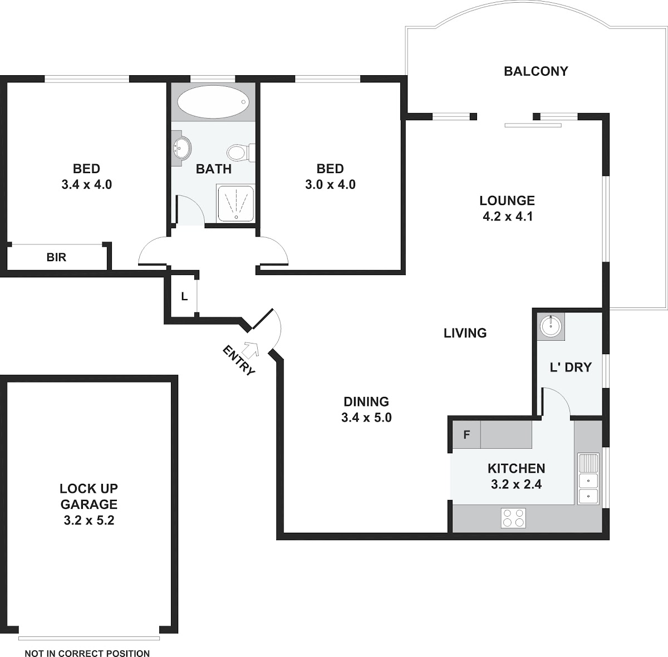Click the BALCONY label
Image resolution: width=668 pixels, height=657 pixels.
pos(536,71)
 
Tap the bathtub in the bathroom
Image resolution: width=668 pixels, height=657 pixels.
pos(213,102)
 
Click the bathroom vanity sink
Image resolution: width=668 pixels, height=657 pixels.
pos(181,149)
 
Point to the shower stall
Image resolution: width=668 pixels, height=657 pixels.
pos(235,203)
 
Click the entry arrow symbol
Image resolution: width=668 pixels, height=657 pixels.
pos(251,349)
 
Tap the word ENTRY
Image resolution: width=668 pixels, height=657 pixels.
pos(239,360)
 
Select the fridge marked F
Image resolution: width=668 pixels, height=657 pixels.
pos(466,434)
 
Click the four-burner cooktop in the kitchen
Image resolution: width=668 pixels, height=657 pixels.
pos(513,518)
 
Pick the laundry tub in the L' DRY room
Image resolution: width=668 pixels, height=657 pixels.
pos(551,326)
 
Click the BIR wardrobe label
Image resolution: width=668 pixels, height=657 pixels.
pos(56,257)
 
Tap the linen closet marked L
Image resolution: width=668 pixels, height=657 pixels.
pos(184,297)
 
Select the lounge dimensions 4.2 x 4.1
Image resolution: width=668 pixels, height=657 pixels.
pos(508,217)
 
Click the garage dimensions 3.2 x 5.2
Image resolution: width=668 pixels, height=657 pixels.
pos(89,521)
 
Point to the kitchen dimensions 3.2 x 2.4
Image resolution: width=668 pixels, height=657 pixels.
pos(516,484)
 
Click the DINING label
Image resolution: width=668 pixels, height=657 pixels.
pos(366,401)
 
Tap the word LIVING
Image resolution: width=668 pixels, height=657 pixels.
pos(465,333)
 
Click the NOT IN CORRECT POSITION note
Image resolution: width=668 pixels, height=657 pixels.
pos(87,654)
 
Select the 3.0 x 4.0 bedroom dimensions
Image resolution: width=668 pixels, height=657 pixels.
pos(330,184)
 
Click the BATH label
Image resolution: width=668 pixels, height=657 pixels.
pos(214,169)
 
